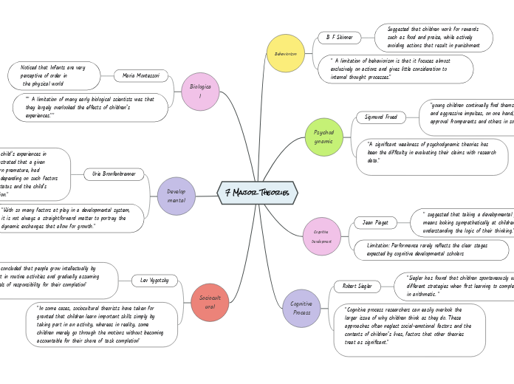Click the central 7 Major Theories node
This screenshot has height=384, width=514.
(257, 193)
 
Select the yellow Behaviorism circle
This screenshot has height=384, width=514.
(286, 53)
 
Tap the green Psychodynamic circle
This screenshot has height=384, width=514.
(323, 137)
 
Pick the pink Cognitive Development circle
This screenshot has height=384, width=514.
(321, 236)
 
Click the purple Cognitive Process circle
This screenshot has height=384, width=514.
(301, 308)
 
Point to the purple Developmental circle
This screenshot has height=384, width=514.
(177, 196)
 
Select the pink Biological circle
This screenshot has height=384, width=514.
(200, 92)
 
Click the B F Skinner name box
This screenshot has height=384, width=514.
(340, 37)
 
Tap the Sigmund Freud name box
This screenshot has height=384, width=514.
(381, 117)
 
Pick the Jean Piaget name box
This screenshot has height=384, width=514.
(375, 222)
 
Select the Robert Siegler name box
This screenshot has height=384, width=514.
(357, 286)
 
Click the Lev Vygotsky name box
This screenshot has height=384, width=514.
(154, 281)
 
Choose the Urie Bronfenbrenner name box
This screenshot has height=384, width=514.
(114, 174)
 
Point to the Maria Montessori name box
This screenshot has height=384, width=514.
(141, 75)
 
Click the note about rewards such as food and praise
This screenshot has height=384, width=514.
(434, 38)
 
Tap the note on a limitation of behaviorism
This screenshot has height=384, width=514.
(395, 69)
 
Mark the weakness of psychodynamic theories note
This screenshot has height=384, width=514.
(432, 152)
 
